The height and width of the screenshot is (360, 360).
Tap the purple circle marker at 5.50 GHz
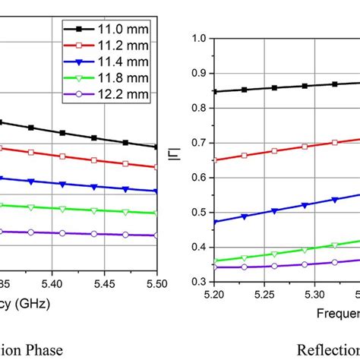[156, 235]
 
